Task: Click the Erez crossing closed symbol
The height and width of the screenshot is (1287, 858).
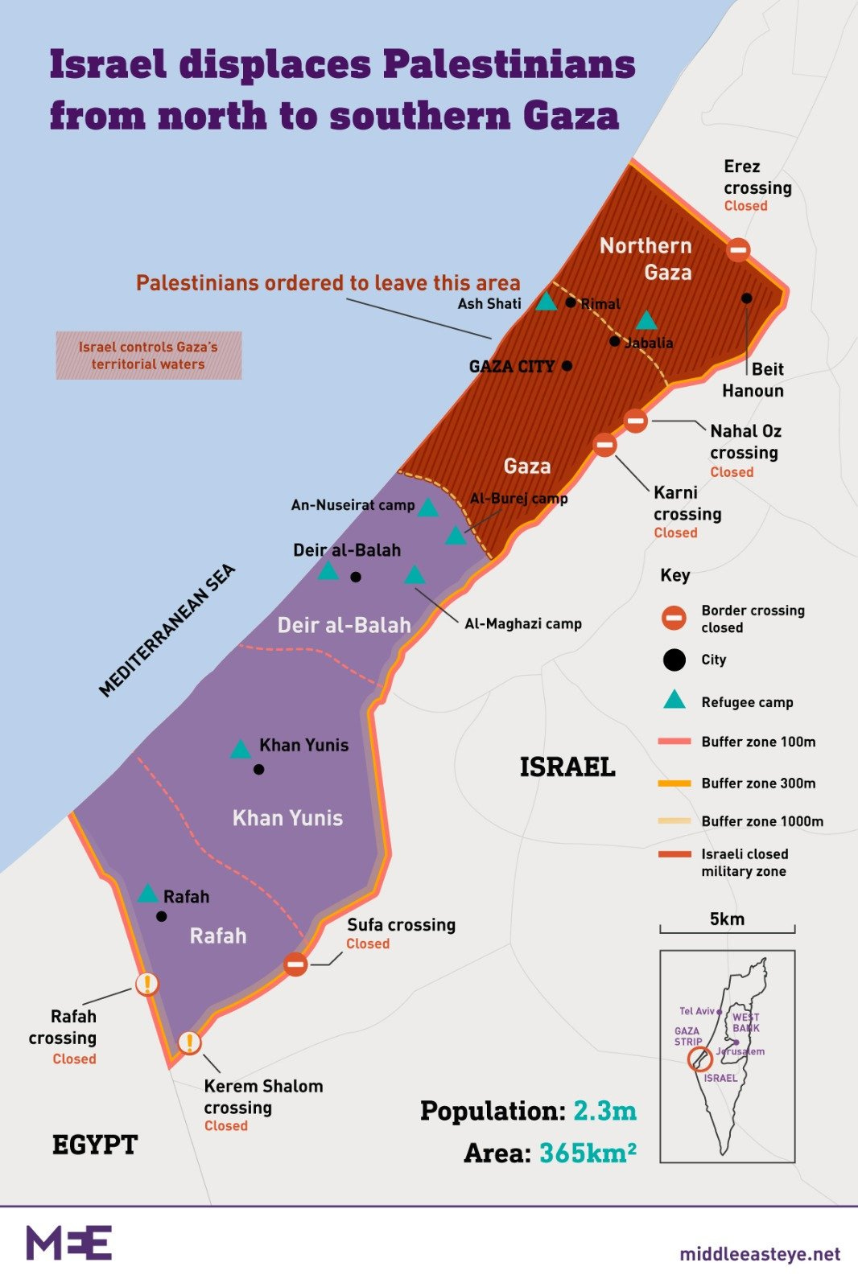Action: (x=738, y=249)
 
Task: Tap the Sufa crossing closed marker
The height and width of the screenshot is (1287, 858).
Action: (x=295, y=964)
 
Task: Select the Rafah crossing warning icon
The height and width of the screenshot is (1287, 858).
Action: (x=146, y=983)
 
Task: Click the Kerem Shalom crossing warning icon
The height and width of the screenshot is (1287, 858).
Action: (x=189, y=1042)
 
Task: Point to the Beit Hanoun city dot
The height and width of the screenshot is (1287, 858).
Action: (x=746, y=298)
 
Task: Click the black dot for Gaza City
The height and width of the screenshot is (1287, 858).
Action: (x=567, y=366)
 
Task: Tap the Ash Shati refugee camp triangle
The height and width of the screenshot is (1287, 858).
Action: (x=547, y=302)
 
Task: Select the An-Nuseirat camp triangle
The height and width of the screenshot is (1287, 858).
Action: (x=428, y=508)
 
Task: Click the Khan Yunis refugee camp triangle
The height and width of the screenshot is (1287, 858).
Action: (x=240, y=750)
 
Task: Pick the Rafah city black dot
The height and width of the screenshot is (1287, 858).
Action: (x=162, y=916)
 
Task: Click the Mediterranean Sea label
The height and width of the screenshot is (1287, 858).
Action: (x=167, y=630)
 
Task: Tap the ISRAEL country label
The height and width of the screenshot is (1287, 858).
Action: (x=567, y=767)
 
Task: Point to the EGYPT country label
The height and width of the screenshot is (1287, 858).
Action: (x=95, y=1145)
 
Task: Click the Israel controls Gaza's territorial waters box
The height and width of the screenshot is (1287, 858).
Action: (x=149, y=356)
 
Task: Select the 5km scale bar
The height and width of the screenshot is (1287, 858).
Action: (x=727, y=929)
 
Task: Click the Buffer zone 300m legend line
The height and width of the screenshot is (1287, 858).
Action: (x=674, y=783)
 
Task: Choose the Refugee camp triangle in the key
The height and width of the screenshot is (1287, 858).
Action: (x=674, y=700)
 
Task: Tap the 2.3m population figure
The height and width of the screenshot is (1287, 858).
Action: (x=604, y=1111)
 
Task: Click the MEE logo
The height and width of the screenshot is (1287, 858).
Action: (x=69, y=1243)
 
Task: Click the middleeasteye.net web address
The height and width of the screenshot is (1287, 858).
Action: (x=759, y=1254)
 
